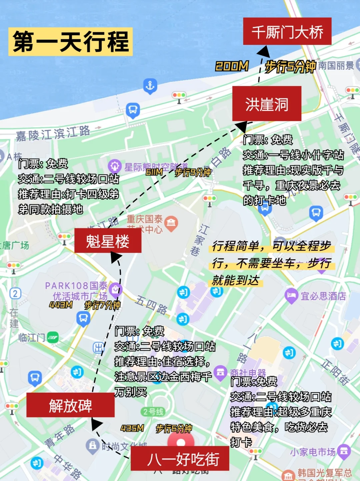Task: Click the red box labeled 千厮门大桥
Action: point(287,31)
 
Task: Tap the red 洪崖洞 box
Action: point(267,104)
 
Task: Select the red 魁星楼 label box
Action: point(108,241)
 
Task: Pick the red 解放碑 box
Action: point(70,405)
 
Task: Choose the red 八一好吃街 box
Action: point(180,459)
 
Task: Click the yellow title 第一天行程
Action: point(71,42)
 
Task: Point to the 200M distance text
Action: point(232,66)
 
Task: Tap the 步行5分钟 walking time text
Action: point(290,67)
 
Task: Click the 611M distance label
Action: point(154,172)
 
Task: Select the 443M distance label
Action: point(61,305)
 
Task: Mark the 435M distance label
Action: point(132,428)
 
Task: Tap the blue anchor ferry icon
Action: point(150,86)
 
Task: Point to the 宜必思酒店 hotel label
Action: point(323,296)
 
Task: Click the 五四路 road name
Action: point(151,305)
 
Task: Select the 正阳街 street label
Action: point(335,372)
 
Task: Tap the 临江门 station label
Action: point(32,338)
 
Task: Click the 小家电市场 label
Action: point(312,452)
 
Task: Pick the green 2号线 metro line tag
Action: point(153,412)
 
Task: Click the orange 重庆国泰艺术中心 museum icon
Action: point(171,222)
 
